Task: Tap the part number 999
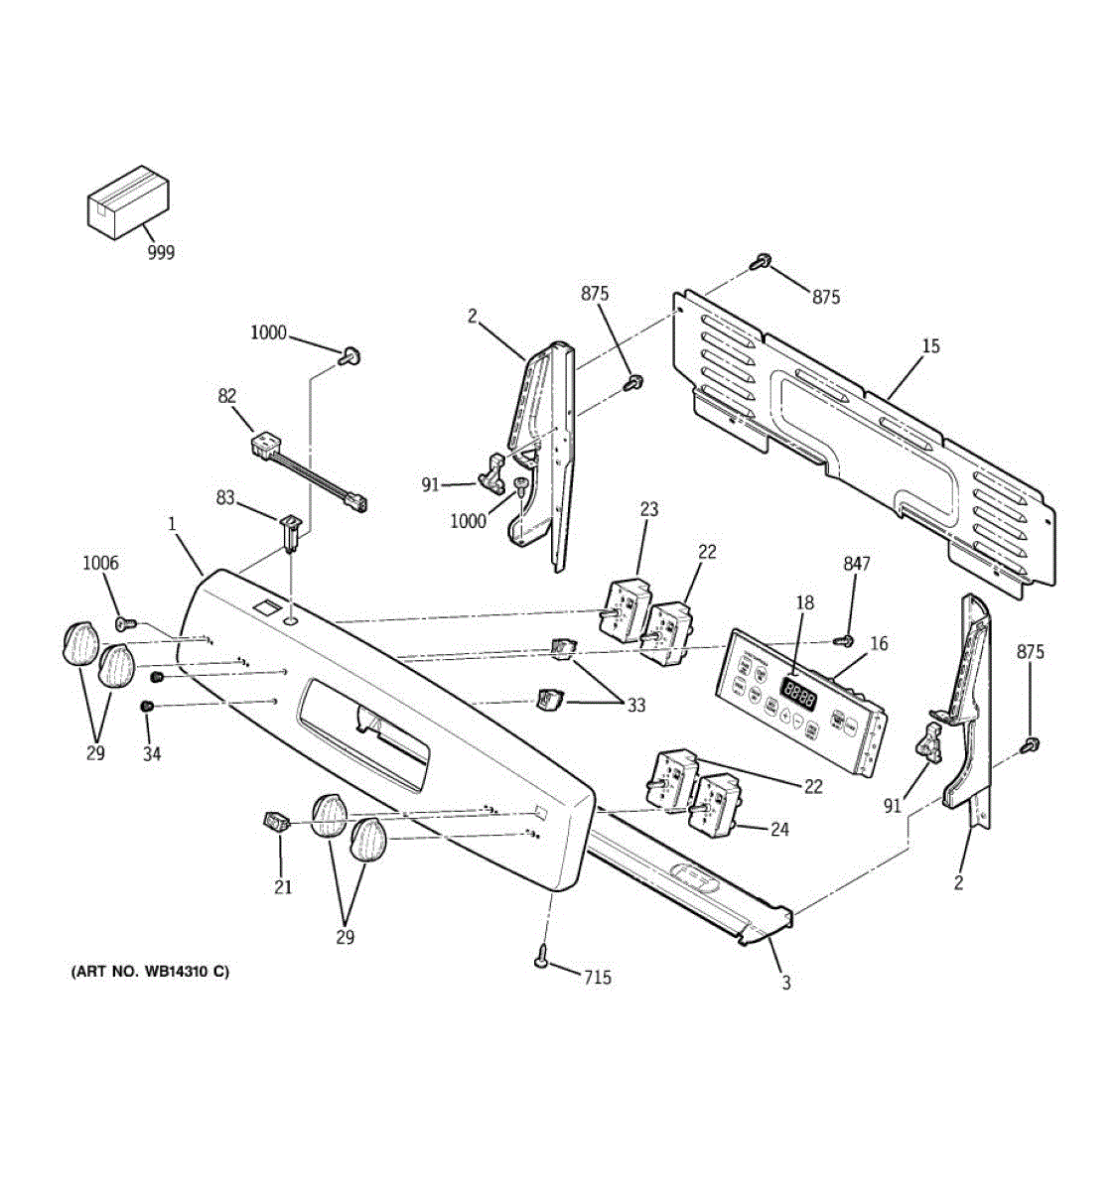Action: click(x=161, y=253)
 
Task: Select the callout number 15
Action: click(x=930, y=346)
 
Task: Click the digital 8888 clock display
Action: click(x=799, y=692)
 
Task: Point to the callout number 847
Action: click(x=857, y=564)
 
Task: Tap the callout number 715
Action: click(x=597, y=979)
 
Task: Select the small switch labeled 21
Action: click(x=275, y=822)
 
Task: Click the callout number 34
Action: click(x=151, y=753)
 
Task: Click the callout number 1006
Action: click(x=100, y=564)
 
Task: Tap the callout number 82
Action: click(x=227, y=396)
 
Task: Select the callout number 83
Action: click(x=226, y=497)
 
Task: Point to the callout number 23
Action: click(x=648, y=510)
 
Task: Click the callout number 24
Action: click(x=780, y=829)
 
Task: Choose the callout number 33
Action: click(x=635, y=706)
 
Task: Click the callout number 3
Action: click(x=786, y=984)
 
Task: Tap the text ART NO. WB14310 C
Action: click(x=149, y=972)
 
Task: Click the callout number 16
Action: click(x=879, y=644)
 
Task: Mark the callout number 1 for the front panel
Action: click(x=172, y=521)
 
